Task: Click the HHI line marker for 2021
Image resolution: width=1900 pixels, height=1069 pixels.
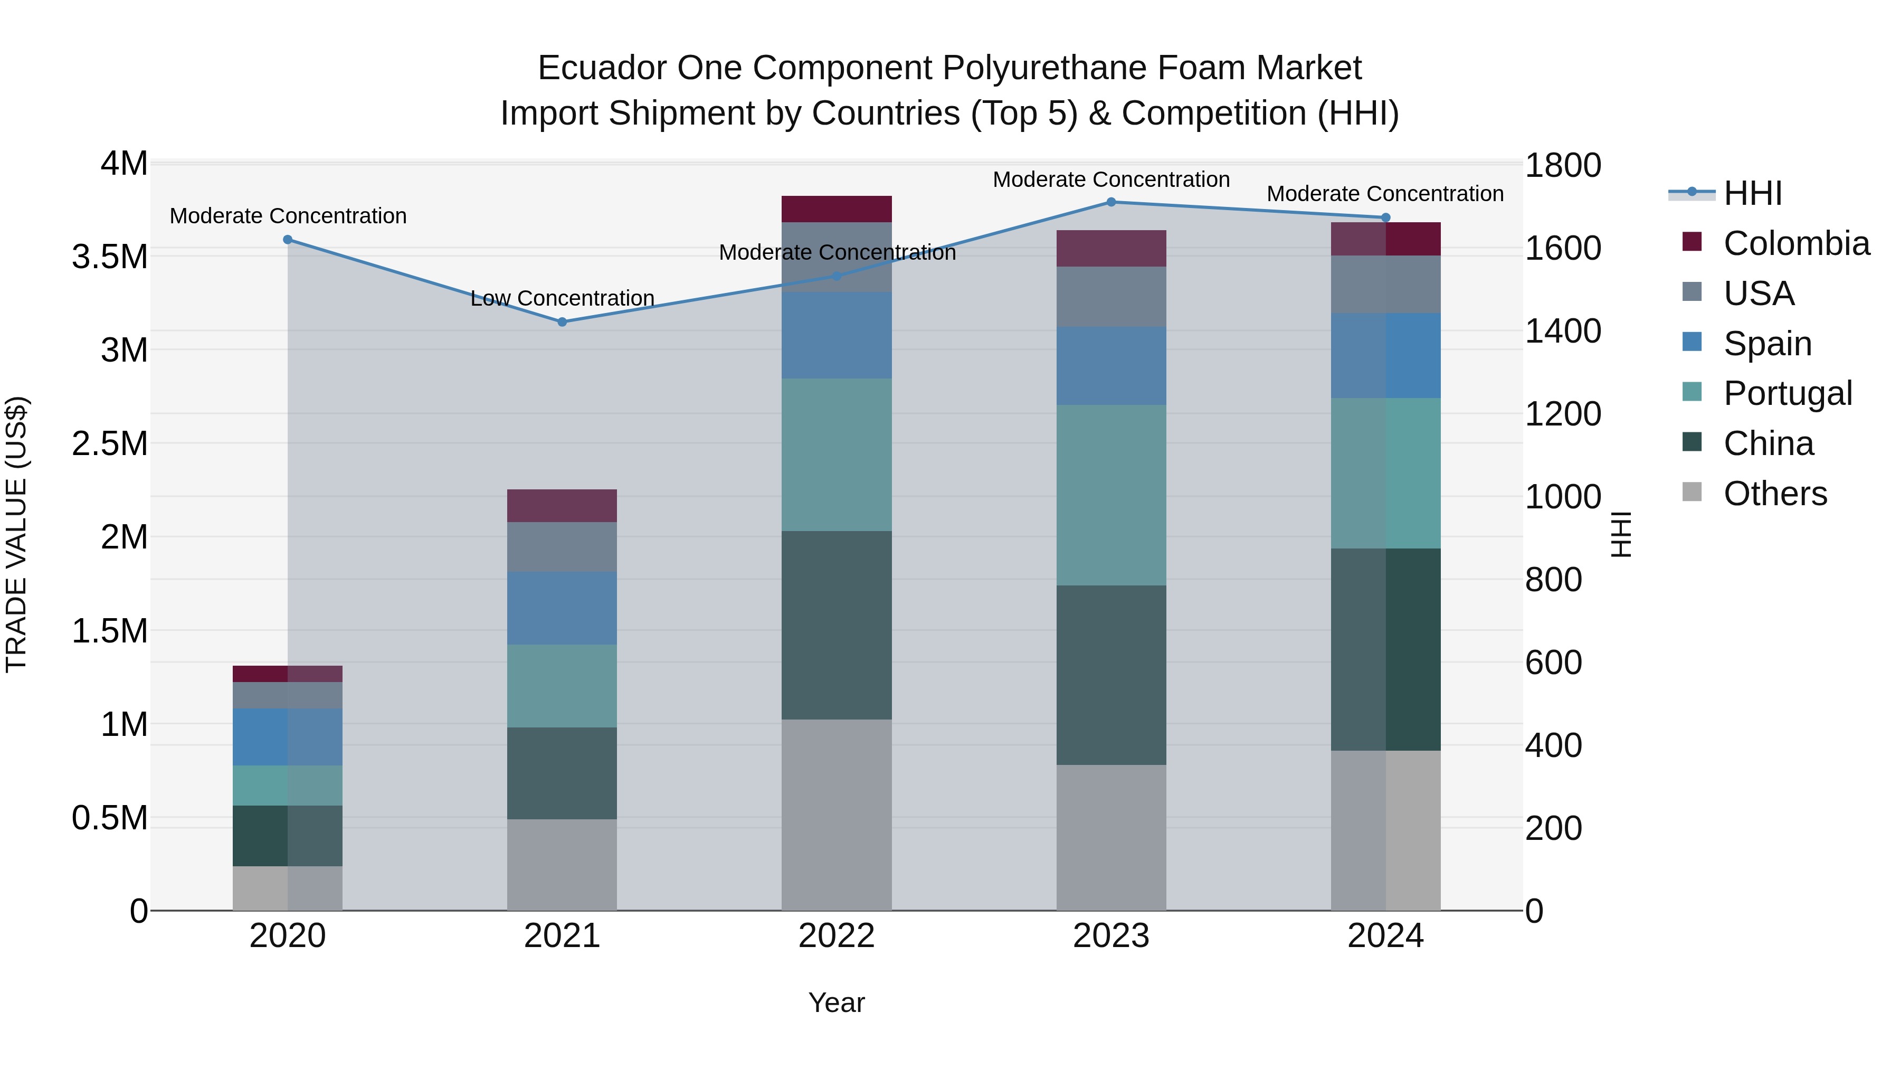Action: coord(562,321)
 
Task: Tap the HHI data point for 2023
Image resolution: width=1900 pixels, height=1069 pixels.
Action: coord(1111,202)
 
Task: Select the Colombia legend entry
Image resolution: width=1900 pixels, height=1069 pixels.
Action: coord(1795,243)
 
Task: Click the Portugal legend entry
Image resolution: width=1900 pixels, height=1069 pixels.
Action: coord(1787,393)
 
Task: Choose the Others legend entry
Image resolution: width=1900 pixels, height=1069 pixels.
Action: coord(1774,494)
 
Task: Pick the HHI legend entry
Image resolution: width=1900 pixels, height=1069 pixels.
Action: coord(1752,193)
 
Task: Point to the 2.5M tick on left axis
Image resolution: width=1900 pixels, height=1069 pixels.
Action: coord(110,443)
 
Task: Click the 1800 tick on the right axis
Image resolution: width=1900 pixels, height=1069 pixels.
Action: coord(1562,165)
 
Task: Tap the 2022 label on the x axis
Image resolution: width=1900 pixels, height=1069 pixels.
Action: coord(837,935)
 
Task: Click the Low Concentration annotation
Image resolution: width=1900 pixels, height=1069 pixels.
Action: coord(562,298)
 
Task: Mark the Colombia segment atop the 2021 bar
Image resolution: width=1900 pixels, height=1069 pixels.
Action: coord(562,505)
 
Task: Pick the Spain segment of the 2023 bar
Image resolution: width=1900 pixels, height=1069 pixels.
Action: coord(1111,365)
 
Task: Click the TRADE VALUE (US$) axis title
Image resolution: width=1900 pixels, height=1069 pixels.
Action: coord(16,534)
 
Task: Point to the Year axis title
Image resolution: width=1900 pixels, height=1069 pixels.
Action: coord(837,1002)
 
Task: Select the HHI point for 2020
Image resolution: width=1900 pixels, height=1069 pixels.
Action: coord(288,239)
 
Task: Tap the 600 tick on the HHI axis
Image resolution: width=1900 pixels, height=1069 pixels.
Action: coord(1553,663)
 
